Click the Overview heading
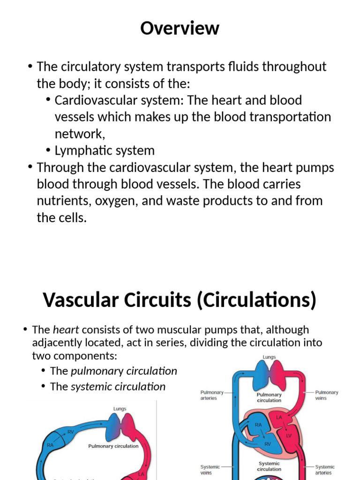[x=180, y=29]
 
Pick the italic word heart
[x=65, y=330]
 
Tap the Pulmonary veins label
[x=326, y=395]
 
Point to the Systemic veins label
[x=210, y=470]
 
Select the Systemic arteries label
[x=324, y=470]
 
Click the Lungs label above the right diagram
[x=269, y=357]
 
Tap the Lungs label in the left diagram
[x=120, y=409]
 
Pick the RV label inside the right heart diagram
[x=268, y=444]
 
